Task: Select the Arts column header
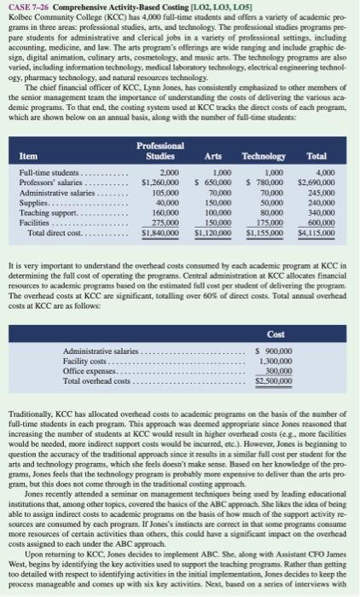[x=214, y=158]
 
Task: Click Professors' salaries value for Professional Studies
[x=159, y=181]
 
